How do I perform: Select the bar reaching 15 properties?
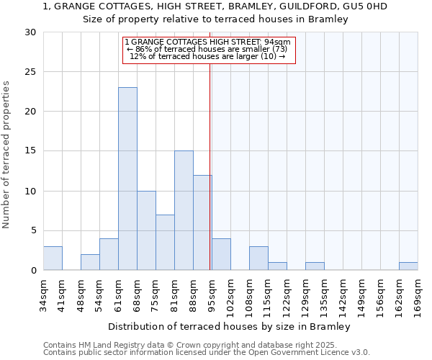[184, 210]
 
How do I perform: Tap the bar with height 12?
[202, 222]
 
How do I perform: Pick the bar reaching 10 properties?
[146, 230]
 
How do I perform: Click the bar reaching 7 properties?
[165, 242]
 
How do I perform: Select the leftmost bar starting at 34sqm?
[53, 258]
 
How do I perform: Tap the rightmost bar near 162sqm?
[408, 266]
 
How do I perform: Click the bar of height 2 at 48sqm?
[90, 262]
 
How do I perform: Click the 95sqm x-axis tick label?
[212, 293]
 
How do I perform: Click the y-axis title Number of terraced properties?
[7, 155]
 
